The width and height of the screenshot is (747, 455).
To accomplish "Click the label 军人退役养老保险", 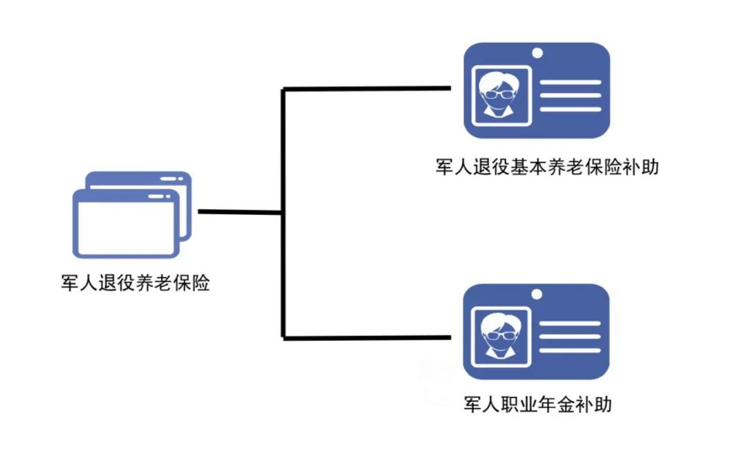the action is (136, 283).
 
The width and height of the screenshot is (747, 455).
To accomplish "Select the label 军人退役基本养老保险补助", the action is (547, 167).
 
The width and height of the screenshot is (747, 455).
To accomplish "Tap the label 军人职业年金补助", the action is (538, 404).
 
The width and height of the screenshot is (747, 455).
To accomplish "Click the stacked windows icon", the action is (132, 214).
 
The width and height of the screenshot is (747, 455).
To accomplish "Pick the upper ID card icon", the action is (537, 91).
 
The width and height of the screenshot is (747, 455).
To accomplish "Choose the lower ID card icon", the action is (537, 332).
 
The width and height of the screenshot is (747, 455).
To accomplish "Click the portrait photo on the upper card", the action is (501, 95).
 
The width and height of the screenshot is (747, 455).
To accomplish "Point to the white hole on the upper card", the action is (537, 53).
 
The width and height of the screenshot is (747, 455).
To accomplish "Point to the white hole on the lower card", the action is (537, 295).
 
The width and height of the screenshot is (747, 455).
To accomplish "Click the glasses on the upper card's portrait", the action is (498, 94).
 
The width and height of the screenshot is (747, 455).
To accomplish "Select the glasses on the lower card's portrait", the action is (498, 335).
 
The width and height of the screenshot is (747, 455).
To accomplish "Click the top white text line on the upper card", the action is (571, 82).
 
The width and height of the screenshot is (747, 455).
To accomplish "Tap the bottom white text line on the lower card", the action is (570, 351).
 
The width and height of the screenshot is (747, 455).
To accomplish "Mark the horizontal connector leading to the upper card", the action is (367, 89).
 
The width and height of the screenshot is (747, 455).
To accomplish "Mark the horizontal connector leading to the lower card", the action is (367, 338).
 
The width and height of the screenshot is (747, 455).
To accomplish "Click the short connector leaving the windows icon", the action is (240, 212).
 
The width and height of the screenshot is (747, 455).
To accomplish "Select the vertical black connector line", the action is (284, 214).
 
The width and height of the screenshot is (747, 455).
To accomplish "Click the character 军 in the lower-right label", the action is (472, 404).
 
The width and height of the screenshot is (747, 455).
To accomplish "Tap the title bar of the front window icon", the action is (127, 196).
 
